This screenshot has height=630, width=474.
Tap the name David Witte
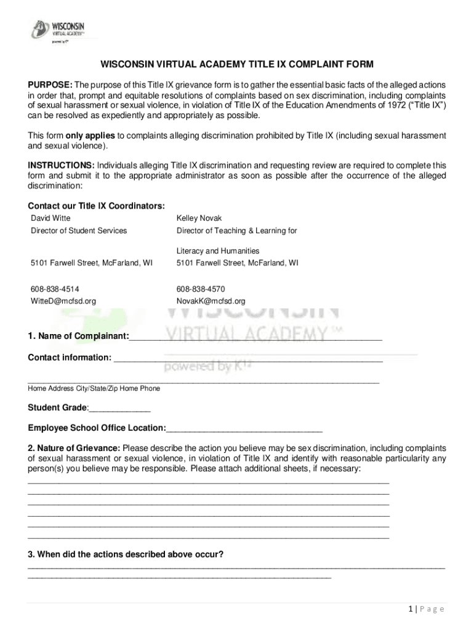point(50,218)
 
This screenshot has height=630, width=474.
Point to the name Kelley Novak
point(199,218)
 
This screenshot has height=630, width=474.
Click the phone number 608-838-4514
point(55,289)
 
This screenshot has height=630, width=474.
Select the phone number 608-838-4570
point(201,289)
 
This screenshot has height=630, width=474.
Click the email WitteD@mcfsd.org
point(63,301)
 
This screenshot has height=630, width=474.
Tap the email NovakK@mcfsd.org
point(211,301)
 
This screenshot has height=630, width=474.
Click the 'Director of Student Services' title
point(79,231)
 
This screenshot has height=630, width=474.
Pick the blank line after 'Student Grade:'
point(120,409)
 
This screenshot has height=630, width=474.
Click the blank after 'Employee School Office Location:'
point(244,428)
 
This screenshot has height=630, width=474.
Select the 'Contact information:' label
point(70,358)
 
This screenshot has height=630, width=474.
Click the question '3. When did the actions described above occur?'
point(126,554)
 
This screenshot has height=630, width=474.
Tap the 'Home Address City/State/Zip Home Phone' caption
point(94,388)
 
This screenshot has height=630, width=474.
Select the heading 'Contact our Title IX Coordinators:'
point(96,206)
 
